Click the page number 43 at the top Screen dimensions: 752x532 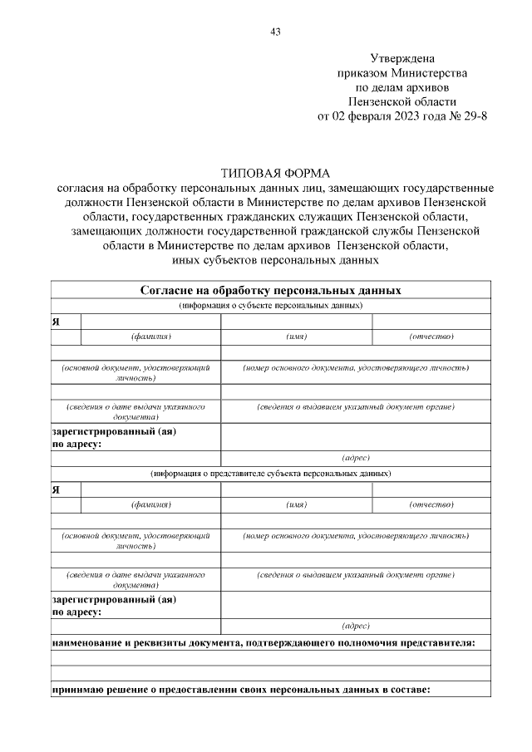point(276,32)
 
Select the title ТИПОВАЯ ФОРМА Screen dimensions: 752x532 point(275,173)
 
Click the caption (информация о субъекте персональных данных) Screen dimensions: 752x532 point(270,305)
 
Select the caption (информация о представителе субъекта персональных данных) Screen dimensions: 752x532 point(270,474)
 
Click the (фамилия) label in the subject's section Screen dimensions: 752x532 point(150,337)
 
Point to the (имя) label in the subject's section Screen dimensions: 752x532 point(297,337)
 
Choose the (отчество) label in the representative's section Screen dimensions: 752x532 point(431,504)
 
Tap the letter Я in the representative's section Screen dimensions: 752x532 point(56,489)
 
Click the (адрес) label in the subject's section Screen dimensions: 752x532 point(356,458)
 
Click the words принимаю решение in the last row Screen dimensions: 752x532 point(94,689)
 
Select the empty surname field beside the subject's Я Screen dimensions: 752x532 point(150,322)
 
